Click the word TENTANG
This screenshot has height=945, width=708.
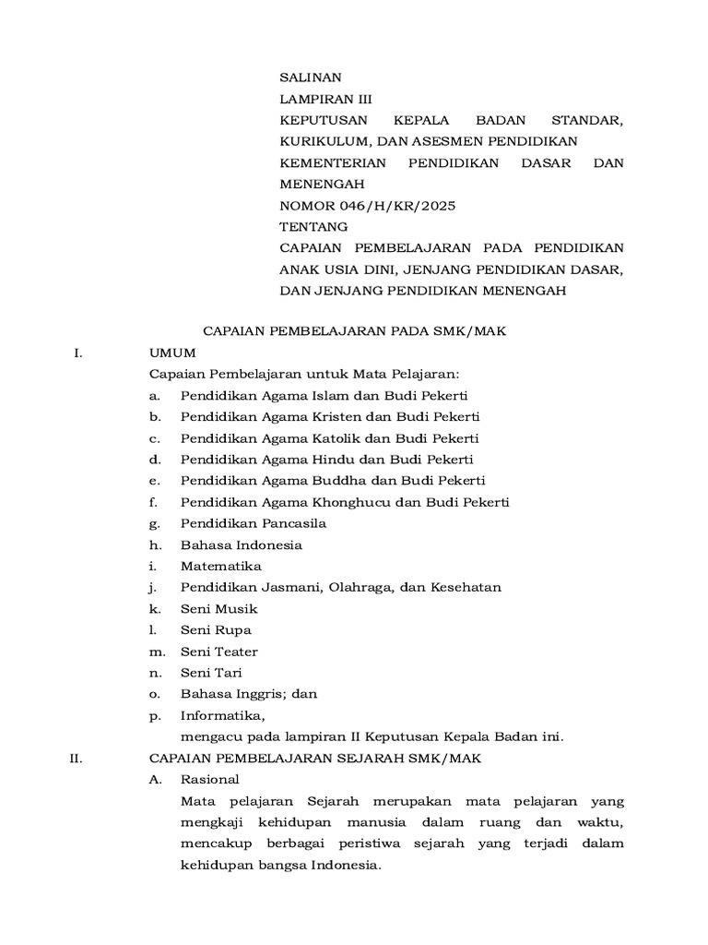[313, 227]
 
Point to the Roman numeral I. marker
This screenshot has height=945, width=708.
[78, 353]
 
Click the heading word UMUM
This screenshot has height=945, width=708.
[171, 353]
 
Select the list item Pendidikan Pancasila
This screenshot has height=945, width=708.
[254, 523]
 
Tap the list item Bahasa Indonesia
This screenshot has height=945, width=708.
[242, 544]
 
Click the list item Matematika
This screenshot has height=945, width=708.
[221, 566]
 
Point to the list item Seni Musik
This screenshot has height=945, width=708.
[219, 609]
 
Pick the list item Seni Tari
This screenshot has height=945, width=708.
[211, 673]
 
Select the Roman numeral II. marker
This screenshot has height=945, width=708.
[77, 759]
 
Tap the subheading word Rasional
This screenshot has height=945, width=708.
[210, 780]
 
